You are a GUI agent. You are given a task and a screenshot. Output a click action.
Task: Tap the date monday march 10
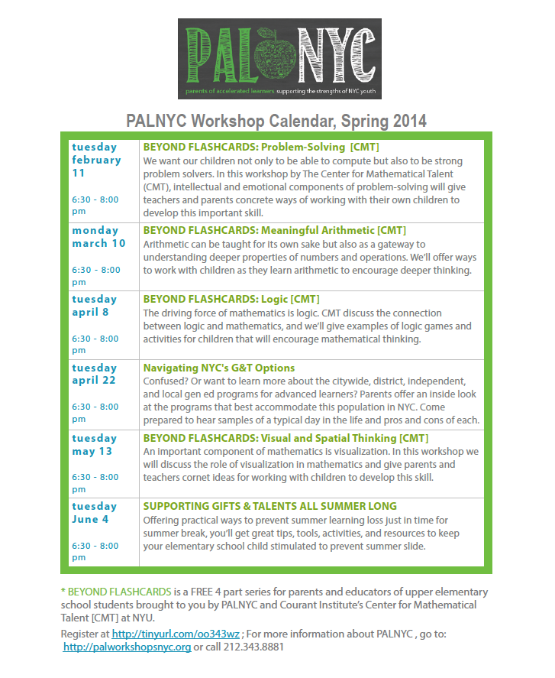(98, 237)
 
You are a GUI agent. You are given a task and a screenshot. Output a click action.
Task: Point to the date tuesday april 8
(95, 306)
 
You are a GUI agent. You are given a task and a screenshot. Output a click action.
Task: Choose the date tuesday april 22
(95, 374)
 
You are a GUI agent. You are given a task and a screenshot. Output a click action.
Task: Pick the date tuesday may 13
(95, 444)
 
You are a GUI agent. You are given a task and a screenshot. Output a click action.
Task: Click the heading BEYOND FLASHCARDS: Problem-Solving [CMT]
(261, 147)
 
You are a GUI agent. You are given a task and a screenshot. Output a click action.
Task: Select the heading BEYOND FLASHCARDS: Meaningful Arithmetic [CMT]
(275, 230)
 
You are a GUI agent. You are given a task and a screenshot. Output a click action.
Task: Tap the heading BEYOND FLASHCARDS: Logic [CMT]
(231, 299)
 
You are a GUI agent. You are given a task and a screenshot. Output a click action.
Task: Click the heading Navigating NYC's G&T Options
(219, 368)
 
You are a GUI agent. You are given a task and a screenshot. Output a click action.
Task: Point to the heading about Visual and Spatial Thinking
(286, 438)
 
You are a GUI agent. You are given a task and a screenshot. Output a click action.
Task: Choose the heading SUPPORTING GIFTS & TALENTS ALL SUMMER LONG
(270, 506)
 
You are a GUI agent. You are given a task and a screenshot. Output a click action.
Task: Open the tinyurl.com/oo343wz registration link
(176, 634)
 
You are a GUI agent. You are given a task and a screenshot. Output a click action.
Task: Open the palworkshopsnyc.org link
(127, 647)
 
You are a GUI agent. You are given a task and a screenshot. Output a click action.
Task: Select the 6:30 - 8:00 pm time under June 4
(95, 551)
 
